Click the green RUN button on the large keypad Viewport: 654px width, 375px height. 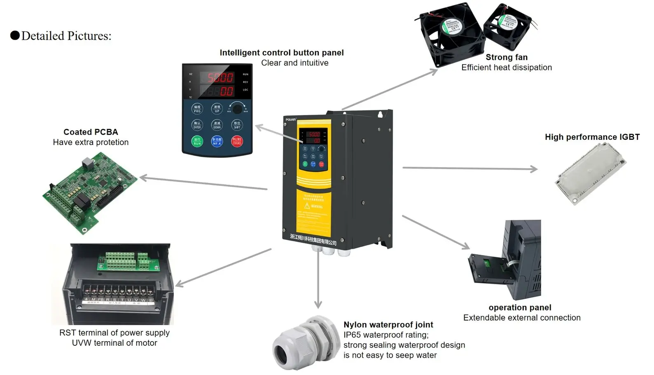click(197, 141)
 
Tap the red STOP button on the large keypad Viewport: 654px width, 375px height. click(237, 141)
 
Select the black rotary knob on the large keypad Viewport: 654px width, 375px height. click(238, 109)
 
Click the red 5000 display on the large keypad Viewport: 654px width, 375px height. click(220, 77)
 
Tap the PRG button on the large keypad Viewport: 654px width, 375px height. click(197, 109)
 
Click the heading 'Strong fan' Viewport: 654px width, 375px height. click(506, 57)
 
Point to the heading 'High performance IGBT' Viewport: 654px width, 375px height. click(592, 137)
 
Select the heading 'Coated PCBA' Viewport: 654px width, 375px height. click(91, 132)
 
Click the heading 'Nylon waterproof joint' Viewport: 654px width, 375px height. click(388, 325)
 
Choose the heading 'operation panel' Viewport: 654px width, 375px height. click(520, 307)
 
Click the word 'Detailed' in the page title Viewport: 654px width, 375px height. click(43, 36)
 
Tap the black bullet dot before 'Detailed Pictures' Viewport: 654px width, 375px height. click(15, 35)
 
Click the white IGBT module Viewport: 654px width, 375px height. click(590, 173)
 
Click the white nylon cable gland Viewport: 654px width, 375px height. click(300, 342)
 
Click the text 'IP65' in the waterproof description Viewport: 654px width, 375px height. click(352, 335)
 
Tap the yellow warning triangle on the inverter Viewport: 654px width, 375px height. click(307, 206)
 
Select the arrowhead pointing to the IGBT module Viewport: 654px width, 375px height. click(534, 169)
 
